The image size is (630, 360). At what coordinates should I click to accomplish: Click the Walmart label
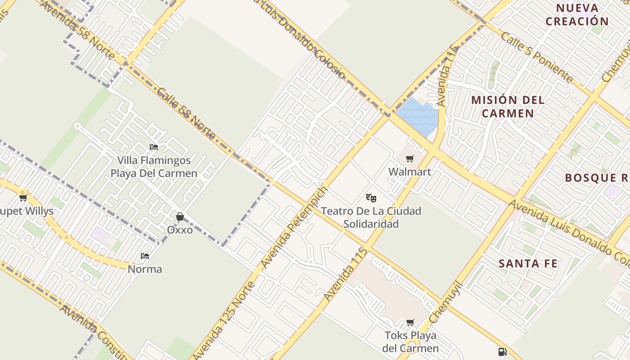[x=409, y=172]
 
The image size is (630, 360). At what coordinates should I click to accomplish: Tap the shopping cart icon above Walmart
[x=409, y=158]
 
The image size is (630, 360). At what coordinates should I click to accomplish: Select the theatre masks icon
[x=371, y=198]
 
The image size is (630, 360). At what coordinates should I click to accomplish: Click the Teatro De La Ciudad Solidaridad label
[x=371, y=217]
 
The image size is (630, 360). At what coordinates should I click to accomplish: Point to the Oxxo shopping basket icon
[x=180, y=217]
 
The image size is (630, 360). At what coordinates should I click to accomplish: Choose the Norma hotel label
[x=145, y=269]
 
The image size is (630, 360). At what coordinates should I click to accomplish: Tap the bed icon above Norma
[x=145, y=256]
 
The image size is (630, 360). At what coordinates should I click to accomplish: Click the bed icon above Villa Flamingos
[x=154, y=147]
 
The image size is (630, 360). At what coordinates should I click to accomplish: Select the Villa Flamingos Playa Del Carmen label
[x=154, y=166]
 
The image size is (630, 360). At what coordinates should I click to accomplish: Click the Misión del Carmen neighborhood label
[x=508, y=106]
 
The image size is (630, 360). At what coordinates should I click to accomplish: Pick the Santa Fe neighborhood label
[x=528, y=264]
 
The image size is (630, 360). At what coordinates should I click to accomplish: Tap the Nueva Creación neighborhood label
[x=577, y=14]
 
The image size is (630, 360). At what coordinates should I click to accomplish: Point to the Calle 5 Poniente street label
[x=537, y=57]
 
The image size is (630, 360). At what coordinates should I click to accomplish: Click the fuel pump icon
[x=502, y=352]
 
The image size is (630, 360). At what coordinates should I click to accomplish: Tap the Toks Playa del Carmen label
[x=410, y=342]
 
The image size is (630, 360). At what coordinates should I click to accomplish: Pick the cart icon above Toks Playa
[x=410, y=322]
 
